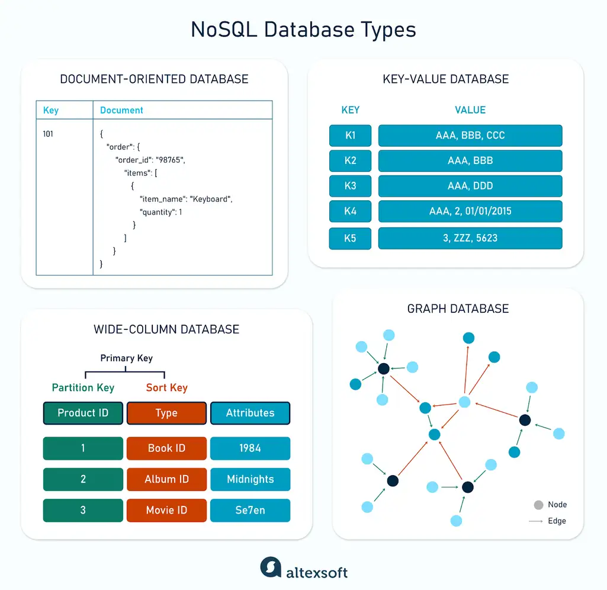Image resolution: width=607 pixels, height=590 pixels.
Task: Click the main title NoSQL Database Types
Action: pyautogui.click(x=303, y=30)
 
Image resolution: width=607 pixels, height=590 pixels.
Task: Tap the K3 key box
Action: pyautogui.click(x=350, y=186)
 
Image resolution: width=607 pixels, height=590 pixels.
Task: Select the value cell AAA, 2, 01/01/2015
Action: pyautogui.click(x=470, y=211)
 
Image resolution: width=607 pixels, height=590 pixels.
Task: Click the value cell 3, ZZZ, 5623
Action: pyautogui.click(x=470, y=238)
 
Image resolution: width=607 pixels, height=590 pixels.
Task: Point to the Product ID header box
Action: pyautogui.click(x=83, y=413)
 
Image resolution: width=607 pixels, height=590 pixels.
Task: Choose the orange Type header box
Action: pyautogui.click(x=166, y=413)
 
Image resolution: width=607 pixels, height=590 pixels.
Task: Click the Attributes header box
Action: pyautogui.click(x=250, y=413)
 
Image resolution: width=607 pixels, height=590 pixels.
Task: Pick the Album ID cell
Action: pyautogui.click(x=166, y=479)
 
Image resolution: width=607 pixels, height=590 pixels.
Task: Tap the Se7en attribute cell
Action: pyautogui.click(x=250, y=510)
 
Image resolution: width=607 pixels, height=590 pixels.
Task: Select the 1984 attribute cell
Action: pyautogui.click(x=250, y=448)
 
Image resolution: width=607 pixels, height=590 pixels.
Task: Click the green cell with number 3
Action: pyautogui.click(x=83, y=510)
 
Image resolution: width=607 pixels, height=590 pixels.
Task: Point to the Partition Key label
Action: pyautogui.click(x=83, y=388)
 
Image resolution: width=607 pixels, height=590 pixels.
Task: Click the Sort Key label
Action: pyautogui.click(x=166, y=388)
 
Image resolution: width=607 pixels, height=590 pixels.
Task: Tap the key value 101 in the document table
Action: pyautogui.click(x=48, y=134)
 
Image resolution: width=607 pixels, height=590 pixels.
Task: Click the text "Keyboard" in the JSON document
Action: pyautogui.click(x=211, y=199)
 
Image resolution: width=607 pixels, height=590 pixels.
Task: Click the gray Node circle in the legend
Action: pyautogui.click(x=538, y=505)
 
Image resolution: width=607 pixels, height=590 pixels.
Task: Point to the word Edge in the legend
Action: pyautogui.click(x=557, y=521)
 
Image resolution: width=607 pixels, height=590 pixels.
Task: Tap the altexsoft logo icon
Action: pyautogui.click(x=271, y=567)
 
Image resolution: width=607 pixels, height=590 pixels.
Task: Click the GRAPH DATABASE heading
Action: pyautogui.click(x=458, y=309)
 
